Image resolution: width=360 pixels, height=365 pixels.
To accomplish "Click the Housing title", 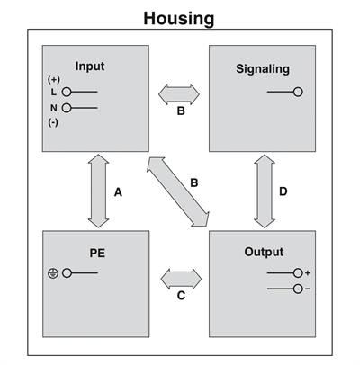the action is click(x=179, y=19).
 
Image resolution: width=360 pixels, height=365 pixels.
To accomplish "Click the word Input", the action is click(x=90, y=67).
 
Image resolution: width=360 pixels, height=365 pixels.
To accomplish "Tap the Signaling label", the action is click(x=263, y=69).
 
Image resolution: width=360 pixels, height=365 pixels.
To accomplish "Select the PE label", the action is click(x=97, y=254).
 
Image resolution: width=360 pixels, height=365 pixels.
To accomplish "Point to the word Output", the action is click(x=264, y=252).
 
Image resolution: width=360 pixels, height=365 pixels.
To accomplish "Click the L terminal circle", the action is click(x=67, y=92).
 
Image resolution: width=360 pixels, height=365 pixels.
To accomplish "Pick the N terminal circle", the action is click(x=67, y=108).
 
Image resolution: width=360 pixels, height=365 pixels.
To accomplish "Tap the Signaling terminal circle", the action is click(x=298, y=92).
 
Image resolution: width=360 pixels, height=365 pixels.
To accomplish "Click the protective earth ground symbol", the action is click(x=53, y=273).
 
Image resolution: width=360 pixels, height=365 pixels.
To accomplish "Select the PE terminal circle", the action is click(x=67, y=273).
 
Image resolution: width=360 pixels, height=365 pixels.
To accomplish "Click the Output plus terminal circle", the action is click(x=298, y=273).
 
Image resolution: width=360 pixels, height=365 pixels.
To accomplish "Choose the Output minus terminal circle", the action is click(x=298, y=289).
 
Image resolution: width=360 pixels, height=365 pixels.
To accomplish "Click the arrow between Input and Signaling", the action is click(x=179, y=94).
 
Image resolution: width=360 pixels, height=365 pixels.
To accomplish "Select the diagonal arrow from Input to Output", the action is click(x=178, y=191).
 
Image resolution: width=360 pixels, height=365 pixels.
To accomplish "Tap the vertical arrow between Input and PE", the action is click(x=98, y=191).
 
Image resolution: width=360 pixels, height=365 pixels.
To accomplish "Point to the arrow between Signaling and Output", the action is click(x=265, y=191).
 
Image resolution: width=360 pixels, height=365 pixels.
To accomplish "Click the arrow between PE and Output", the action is click(x=181, y=279).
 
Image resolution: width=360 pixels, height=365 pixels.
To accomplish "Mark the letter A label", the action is click(x=118, y=192).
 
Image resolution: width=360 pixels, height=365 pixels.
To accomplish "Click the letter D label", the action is click(x=283, y=191).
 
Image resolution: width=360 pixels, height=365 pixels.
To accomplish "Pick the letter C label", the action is click(x=181, y=296).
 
